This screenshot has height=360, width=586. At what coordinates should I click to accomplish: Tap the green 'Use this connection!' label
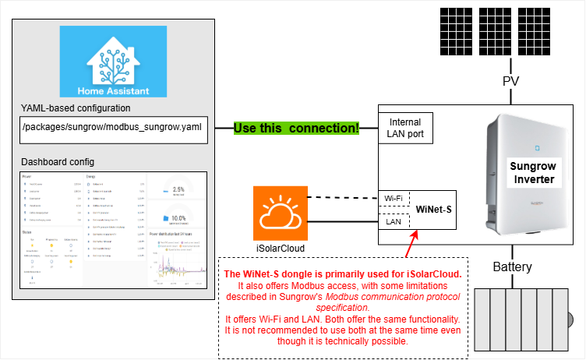pos(296,128)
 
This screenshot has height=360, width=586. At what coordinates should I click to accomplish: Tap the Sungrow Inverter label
pos(533,173)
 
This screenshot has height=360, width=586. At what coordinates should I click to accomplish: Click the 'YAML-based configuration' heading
pos(76,108)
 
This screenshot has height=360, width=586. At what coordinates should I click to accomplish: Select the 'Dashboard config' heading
pos(58,161)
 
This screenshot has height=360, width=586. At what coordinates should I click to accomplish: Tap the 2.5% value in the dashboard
pos(178,189)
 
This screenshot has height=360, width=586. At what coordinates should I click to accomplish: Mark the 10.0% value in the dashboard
pos(179,217)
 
